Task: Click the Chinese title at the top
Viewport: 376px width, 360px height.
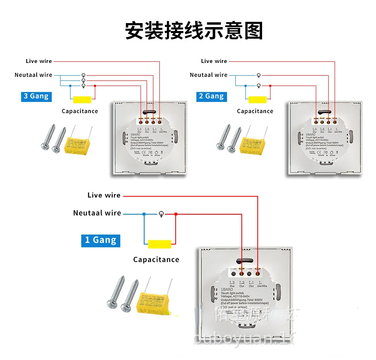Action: tap(194, 31)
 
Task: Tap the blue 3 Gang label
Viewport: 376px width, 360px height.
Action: tap(36, 96)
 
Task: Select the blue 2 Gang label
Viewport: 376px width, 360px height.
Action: tap(211, 96)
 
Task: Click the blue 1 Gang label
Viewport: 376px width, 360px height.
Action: tap(101, 240)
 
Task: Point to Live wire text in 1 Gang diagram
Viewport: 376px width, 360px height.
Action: tap(104, 195)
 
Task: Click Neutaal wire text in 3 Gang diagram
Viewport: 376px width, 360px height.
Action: tap(33, 75)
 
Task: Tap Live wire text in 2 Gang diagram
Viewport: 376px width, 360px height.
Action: tap(214, 61)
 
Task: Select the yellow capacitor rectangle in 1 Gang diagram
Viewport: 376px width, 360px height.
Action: tap(159, 244)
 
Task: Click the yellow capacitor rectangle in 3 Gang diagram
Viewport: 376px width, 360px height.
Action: tap(82, 100)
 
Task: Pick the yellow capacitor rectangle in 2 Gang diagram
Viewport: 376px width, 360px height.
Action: tap(257, 100)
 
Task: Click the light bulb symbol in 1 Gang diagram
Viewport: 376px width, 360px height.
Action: tap(161, 214)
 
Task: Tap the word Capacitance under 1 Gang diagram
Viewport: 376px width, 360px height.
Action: tap(156, 260)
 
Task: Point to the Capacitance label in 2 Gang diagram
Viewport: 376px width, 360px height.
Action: tap(255, 111)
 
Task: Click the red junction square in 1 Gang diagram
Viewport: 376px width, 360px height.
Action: tap(176, 214)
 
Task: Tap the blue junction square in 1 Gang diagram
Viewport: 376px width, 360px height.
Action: tap(144, 214)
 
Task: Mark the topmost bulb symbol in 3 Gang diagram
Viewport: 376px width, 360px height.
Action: tap(83, 75)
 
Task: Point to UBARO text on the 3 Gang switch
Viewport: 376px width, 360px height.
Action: tap(125, 135)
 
